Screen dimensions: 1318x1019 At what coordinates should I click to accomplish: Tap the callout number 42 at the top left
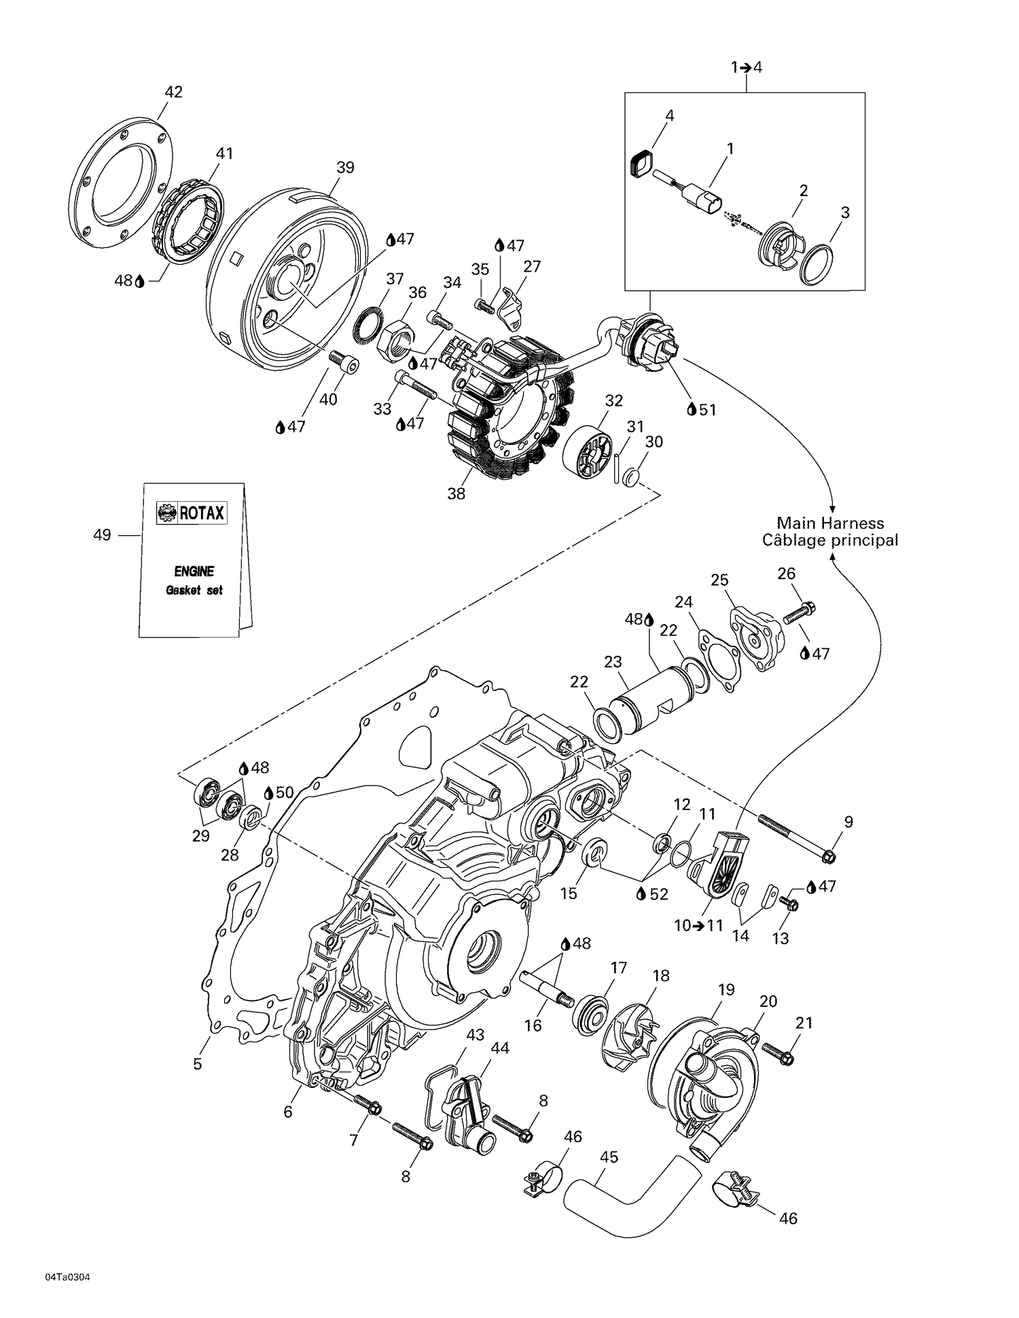click(174, 92)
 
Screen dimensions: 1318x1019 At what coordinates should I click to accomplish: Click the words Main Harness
click(830, 523)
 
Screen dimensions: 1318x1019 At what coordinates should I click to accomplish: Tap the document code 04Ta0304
click(68, 1277)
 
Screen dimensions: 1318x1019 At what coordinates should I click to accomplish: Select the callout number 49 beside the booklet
click(102, 535)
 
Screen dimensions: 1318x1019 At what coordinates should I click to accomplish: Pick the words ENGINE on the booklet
click(194, 571)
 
